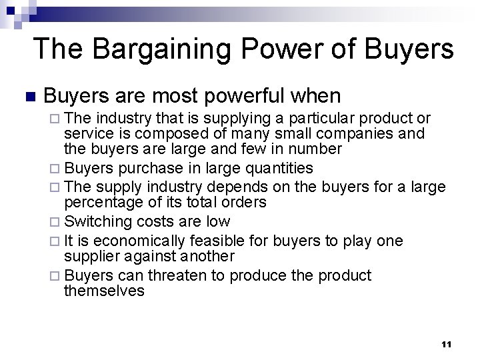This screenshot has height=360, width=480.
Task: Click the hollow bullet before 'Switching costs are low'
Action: point(55,221)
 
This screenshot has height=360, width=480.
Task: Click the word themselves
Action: point(104,291)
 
